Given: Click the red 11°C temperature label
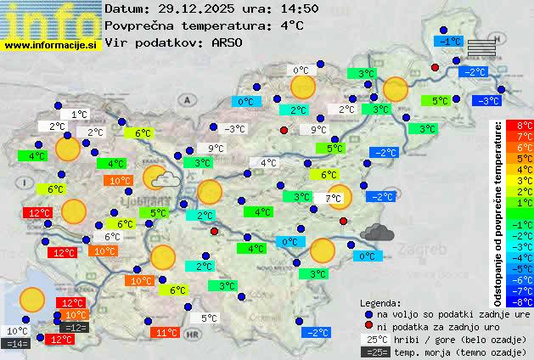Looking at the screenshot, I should pyautogui.click(x=166, y=333).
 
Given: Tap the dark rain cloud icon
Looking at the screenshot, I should pyautogui.click(x=376, y=231).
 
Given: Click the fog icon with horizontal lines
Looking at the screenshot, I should pyautogui.click(x=481, y=48).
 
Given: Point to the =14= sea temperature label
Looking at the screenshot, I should pyautogui.click(x=16, y=344).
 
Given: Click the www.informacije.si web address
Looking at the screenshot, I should pyautogui.click(x=51, y=45).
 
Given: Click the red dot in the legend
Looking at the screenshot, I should pyautogui.click(x=368, y=325).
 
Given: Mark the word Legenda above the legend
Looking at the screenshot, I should pyautogui.click(x=380, y=303).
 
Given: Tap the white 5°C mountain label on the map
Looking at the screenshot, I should pyautogui.click(x=209, y=318).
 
